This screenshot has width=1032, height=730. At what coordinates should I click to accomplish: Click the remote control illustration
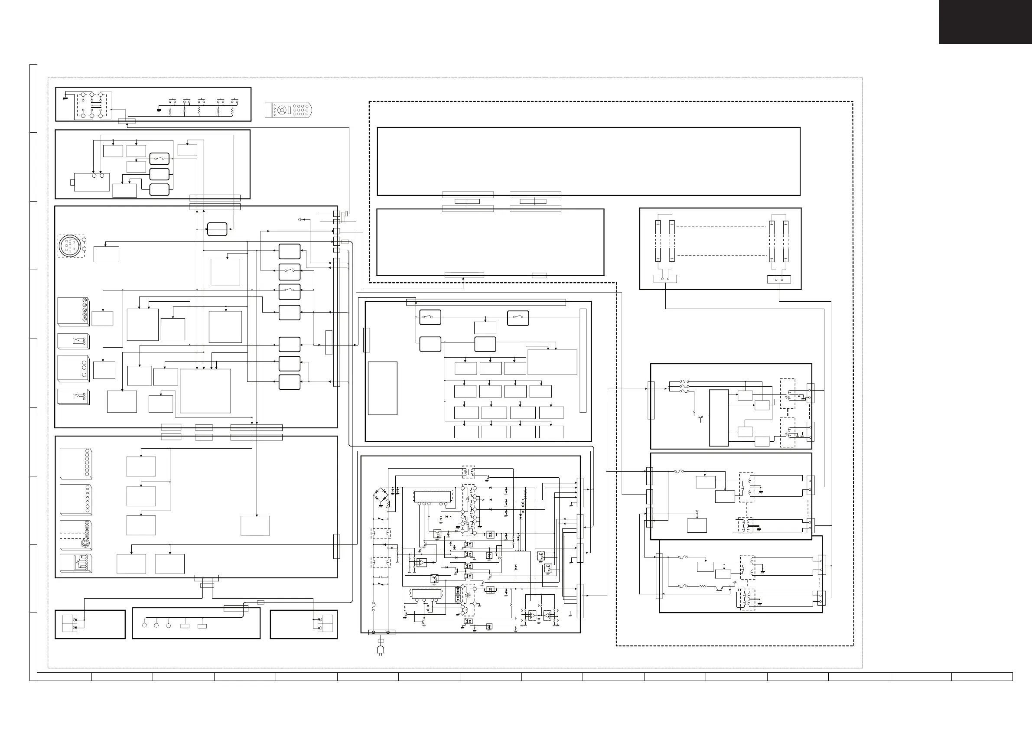coord(288,110)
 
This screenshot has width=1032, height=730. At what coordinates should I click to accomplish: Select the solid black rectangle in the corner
coord(985,22)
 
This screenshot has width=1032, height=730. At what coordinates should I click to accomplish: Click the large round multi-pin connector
coord(70,246)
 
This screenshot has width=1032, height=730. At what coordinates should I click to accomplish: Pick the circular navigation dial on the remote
coord(282,110)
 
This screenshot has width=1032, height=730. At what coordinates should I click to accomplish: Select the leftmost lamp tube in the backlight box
coord(658,241)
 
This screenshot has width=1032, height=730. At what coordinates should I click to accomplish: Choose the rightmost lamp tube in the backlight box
coord(786,241)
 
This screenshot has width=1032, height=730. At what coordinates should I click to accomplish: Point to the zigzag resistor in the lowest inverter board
coord(702,586)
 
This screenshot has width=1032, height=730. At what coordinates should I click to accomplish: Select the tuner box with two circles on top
coord(91,182)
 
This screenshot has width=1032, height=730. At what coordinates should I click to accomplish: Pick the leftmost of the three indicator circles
coord(144,625)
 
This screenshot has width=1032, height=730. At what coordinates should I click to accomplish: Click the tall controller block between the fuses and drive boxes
coord(719,417)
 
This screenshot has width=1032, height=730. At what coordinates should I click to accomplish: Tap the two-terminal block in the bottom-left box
coord(70,623)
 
